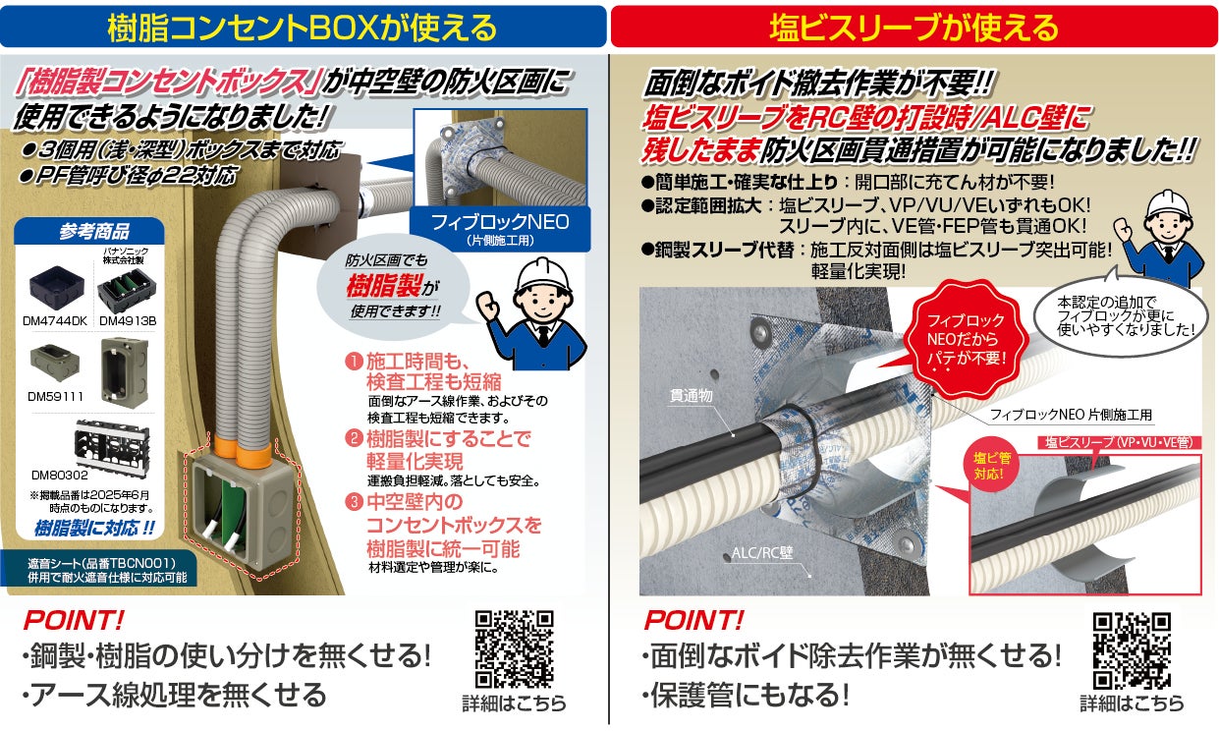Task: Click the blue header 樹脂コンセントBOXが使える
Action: coord(303,27)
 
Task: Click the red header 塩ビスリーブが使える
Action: coord(913,27)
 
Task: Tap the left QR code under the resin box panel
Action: coord(514,649)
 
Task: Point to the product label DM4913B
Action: coord(128,320)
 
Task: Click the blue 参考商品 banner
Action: coord(93,233)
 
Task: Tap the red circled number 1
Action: coord(353,362)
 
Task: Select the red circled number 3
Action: coord(353,502)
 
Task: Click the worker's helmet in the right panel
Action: coord(1166,209)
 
